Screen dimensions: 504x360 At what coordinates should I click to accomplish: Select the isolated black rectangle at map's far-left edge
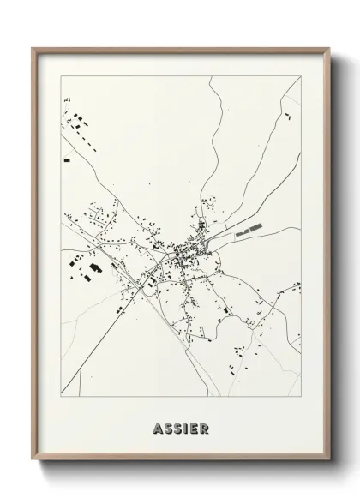(66, 160)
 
